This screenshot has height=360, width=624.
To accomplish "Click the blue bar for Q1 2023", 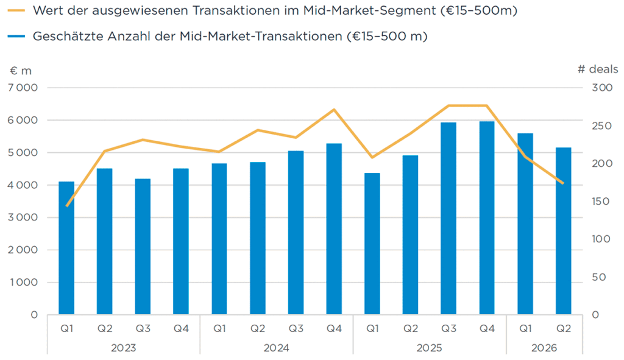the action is (x=66, y=248).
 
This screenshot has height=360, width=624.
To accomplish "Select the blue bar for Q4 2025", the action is (x=487, y=218).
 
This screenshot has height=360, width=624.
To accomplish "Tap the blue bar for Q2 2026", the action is (x=563, y=231).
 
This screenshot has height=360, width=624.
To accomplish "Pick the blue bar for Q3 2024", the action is (x=296, y=233).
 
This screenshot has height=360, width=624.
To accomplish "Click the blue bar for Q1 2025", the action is (x=372, y=244).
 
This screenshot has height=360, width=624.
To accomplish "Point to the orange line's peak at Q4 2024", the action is (x=335, y=110).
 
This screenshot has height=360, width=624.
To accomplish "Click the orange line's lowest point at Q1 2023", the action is (x=67, y=206).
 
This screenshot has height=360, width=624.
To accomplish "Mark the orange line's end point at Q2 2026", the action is (x=562, y=183).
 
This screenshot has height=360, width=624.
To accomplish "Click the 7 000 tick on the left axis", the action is (x=23, y=88).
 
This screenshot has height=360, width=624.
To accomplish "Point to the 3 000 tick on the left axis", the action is (x=23, y=217).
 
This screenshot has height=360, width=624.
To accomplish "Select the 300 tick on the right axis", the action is (x=601, y=88).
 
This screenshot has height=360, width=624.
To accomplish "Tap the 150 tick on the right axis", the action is (x=600, y=201).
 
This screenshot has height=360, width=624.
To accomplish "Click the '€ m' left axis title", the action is (x=21, y=71).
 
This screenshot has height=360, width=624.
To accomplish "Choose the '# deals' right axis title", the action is (x=598, y=69).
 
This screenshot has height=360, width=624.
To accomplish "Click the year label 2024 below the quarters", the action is (x=276, y=348).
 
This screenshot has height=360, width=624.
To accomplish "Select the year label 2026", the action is (x=544, y=348).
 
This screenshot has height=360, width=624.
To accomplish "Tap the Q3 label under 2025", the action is (x=448, y=328).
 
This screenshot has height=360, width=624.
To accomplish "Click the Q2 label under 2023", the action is (x=105, y=328).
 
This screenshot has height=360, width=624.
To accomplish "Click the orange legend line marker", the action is (x=16, y=10).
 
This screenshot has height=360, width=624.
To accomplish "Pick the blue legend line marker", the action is (x=16, y=36).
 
